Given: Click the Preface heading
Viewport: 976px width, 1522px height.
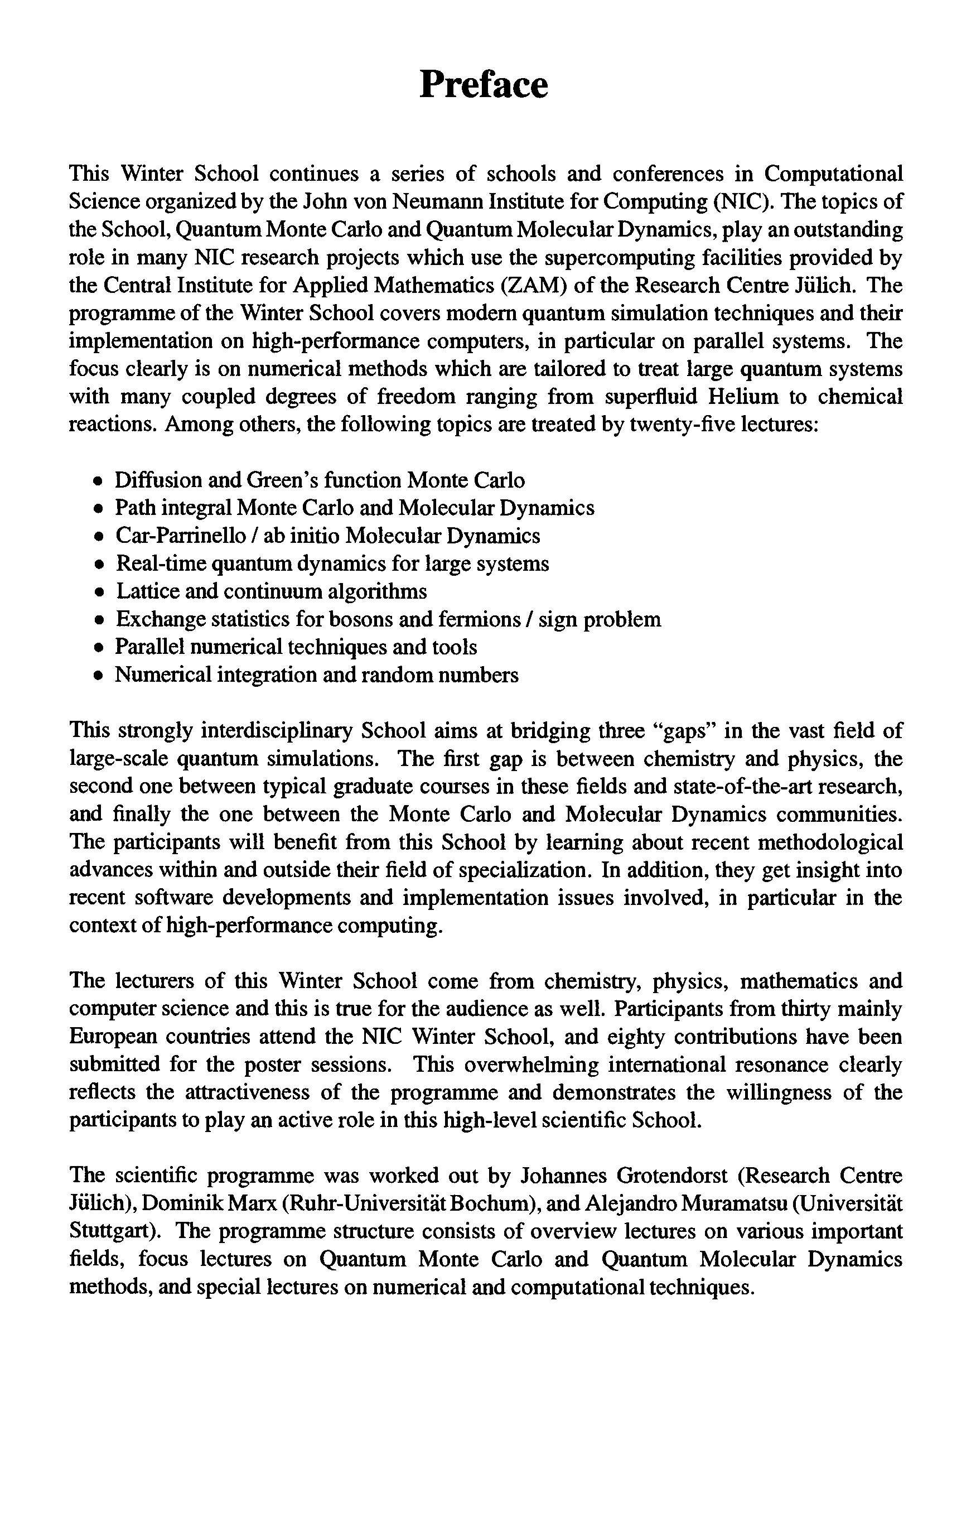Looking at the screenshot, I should [484, 84].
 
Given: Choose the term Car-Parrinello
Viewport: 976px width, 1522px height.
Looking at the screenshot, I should [180, 536].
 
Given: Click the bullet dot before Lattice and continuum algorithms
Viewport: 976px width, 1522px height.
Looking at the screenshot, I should [98, 593].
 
